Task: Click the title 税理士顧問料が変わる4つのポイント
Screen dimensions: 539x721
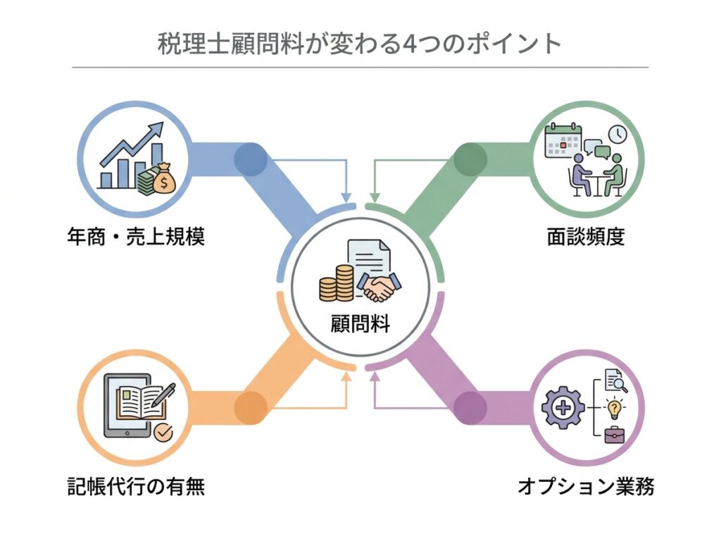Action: point(360,44)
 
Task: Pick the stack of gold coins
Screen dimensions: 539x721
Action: point(337,281)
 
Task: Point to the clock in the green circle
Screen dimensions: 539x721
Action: point(617,134)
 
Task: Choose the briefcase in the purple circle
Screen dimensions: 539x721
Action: point(614,434)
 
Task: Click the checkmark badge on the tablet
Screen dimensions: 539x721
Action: point(163,433)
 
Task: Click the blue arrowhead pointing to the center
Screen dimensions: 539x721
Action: point(346,194)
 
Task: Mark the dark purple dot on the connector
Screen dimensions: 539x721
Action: point(470,407)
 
